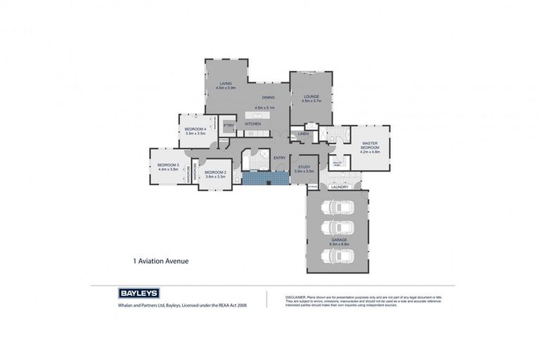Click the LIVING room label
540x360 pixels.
[x=226, y=84]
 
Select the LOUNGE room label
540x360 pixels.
[x=311, y=96]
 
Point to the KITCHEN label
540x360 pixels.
[x=253, y=124]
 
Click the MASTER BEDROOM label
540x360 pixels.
[x=371, y=146]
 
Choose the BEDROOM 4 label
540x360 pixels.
[x=195, y=129]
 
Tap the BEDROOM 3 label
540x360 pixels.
[x=168, y=165]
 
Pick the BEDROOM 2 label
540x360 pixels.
[x=214, y=172]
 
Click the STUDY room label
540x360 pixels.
[x=304, y=166]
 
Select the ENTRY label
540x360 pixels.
[x=279, y=157]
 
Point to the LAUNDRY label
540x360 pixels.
[x=340, y=187]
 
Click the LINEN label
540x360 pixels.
[x=304, y=133]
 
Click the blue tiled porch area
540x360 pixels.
[x=264, y=179]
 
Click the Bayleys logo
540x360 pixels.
[x=139, y=293]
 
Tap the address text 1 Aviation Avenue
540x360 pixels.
[x=161, y=261]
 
